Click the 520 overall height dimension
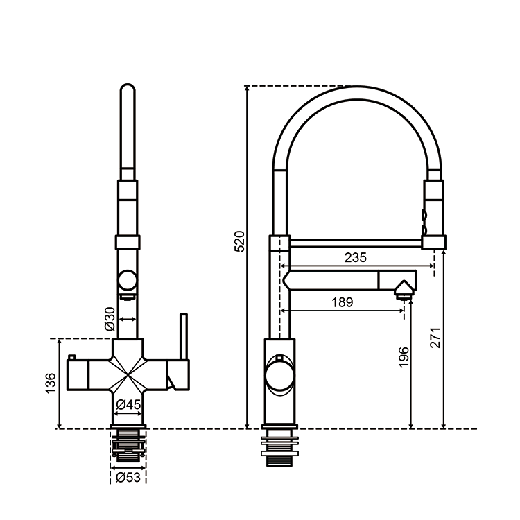(239, 241)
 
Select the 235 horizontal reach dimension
(356, 257)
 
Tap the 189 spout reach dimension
(343, 302)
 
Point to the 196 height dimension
(404, 357)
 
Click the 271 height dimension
(435, 338)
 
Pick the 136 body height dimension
(51, 383)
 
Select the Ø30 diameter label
(110, 319)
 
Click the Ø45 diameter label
(129, 405)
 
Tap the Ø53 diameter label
(128, 478)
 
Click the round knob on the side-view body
(280, 376)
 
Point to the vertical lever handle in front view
(184, 336)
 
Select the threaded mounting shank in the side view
(280, 448)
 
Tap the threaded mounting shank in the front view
(128, 445)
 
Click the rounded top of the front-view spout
(128, 89)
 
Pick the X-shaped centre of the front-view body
(128, 376)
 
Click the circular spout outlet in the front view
(128, 279)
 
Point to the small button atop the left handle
(71, 357)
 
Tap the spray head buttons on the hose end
(424, 222)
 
